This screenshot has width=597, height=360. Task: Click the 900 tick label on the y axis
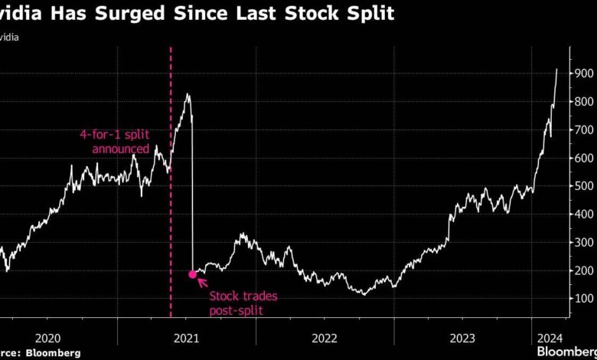[584, 74]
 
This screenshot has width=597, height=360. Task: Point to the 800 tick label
[584, 102]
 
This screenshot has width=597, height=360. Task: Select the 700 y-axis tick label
[584, 130]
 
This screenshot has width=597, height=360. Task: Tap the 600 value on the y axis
[584, 158]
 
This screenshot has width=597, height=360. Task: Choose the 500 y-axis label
[584, 186]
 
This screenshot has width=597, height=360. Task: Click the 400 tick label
[584, 214]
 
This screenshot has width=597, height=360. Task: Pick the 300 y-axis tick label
[584, 242]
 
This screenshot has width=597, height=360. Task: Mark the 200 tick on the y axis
[584, 270]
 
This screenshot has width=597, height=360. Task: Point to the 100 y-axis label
[584, 298]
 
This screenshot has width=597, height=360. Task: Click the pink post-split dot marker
[192, 274]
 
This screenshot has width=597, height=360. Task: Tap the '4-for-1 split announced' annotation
[116, 142]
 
